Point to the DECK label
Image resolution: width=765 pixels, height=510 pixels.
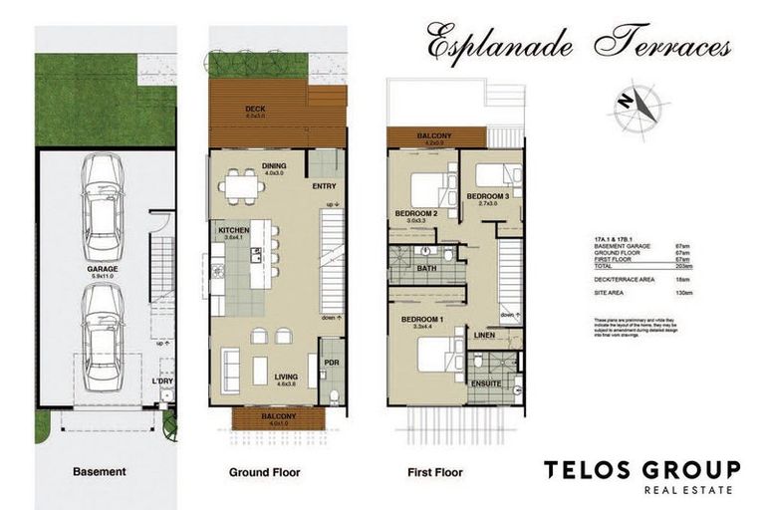point(256,109)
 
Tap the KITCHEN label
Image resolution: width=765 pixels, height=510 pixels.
point(234,229)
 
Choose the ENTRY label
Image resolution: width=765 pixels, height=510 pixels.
point(324,186)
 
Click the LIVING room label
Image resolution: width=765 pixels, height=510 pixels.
point(287,378)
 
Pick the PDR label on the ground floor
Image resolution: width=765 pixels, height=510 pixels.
point(332,363)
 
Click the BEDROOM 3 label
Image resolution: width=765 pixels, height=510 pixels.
point(488,196)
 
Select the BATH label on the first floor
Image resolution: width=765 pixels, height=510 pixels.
point(428,268)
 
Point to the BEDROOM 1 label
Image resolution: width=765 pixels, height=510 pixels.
point(422,319)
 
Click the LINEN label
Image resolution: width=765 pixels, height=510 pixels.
point(485,336)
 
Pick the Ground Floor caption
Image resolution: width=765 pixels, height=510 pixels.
point(264,471)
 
